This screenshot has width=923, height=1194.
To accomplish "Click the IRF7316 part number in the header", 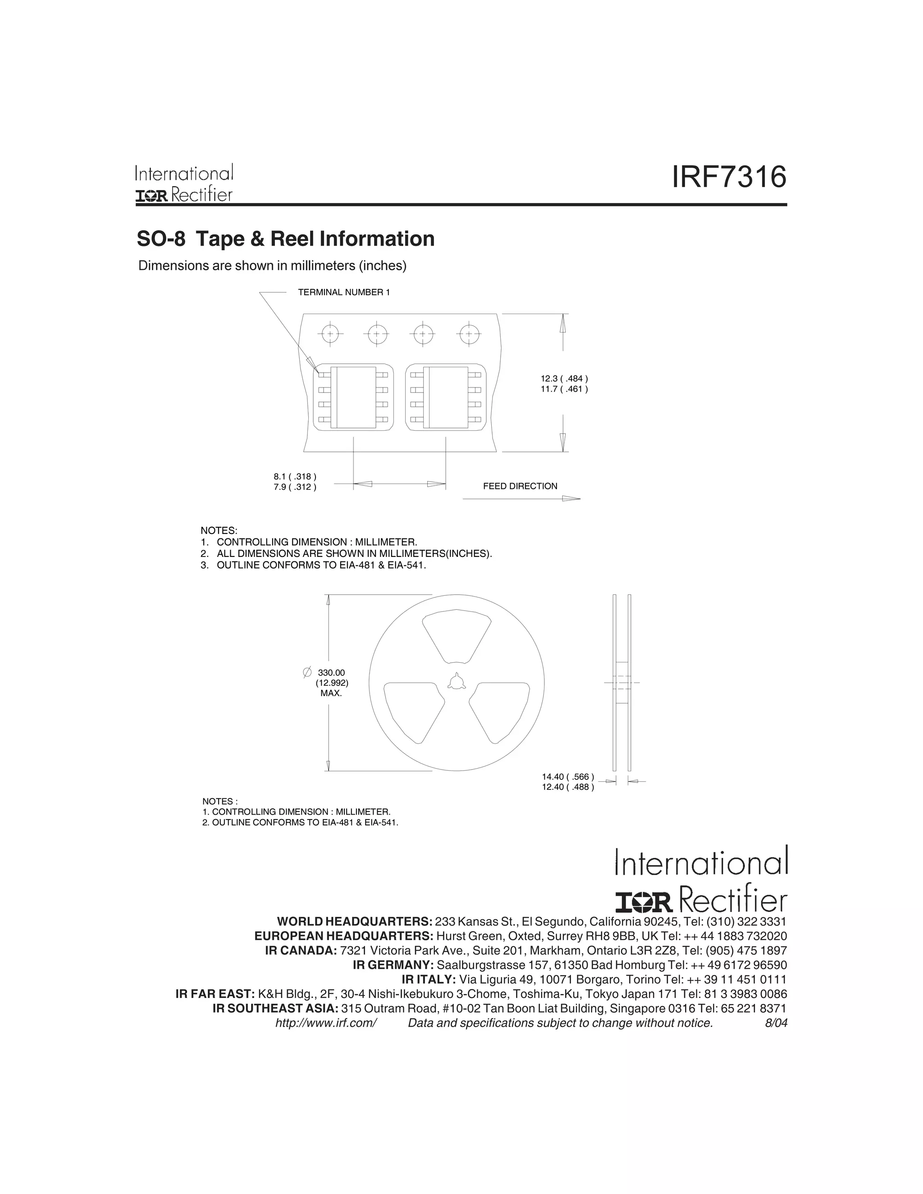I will [x=729, y=178].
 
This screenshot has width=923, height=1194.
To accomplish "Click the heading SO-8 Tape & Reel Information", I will [x=285, y=239].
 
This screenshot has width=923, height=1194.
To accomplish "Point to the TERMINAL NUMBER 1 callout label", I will [x=343, y=292].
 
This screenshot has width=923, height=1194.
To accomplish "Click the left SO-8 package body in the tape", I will [x=353, y=397].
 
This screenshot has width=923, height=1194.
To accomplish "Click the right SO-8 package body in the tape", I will [x=446, y=397].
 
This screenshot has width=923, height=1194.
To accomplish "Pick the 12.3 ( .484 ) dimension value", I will [x=564, y=378].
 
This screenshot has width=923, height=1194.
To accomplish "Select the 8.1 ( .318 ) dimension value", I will [x=295, y=477].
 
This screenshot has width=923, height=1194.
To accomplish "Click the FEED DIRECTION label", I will [x=520, y=486].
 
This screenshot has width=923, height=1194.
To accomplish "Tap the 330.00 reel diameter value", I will [x=331, y=672].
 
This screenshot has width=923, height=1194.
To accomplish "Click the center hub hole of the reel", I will [x=456, y=682].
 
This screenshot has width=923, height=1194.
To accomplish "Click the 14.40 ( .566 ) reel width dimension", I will [x=567, y=777].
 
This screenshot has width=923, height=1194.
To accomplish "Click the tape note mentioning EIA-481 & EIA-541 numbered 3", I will [x=313, y=565].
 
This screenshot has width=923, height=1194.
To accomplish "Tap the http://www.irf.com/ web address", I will [x=326, y=1023].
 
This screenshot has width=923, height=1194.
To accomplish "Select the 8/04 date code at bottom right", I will [x=776, y=1023].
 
